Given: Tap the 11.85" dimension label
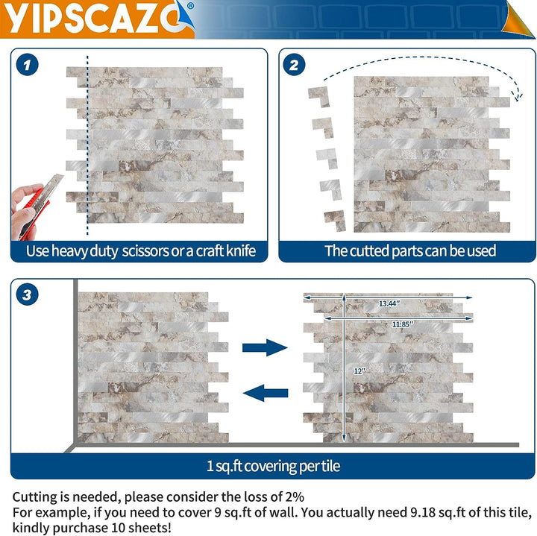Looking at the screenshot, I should point(403,324).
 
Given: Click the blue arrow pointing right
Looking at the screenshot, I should point(266,347).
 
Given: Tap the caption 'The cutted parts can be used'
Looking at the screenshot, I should point(410,250).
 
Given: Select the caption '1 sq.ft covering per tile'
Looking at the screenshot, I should point(273,466).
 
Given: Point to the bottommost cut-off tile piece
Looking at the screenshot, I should point(334,219).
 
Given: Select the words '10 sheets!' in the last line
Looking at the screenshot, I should point(143,526).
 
